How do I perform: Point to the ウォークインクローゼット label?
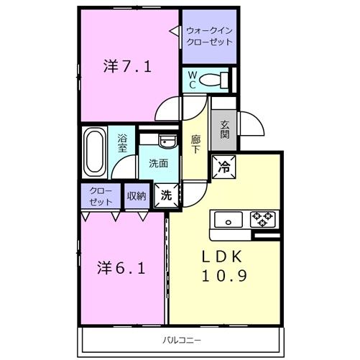[209, 37]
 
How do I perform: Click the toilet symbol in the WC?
[213, 79]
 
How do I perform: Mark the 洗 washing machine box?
[165, 194]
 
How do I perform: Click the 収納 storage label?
[137, 195]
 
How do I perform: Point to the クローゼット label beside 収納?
[101, 196]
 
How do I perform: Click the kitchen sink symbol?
[229, 218]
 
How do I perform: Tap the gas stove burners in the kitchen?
[263, 216]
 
